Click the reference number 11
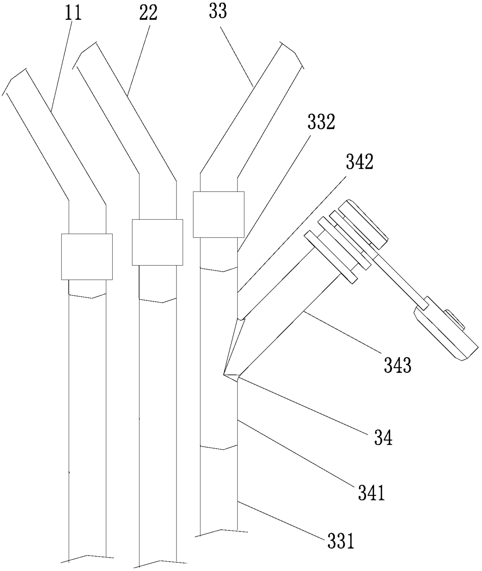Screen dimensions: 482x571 (74, 12)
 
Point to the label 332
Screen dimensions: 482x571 (321, 122)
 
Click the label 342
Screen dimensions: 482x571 (360, 162)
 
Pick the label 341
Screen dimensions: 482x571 (371, 493)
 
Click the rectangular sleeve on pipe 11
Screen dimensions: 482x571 (87, 257)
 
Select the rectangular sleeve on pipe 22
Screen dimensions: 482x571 (157, 242)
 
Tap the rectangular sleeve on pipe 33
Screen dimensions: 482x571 (218, 214)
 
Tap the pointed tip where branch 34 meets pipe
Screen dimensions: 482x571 (225, 375)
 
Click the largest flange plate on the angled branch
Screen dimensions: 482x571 (330, 257)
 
